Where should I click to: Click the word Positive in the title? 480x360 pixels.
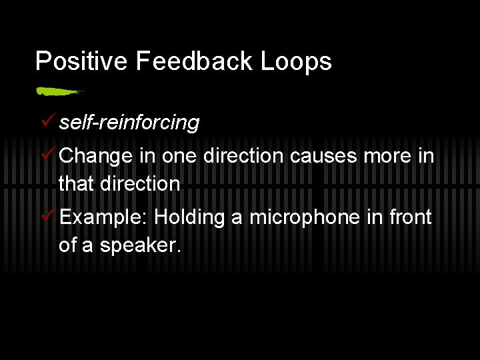(x=81, y=61)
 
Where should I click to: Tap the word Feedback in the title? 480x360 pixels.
(x=195, y=61)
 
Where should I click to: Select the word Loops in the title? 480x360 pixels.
(x=297, y=61)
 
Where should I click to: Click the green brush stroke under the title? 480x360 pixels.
(x=59, y=91)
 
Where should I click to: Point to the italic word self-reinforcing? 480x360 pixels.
(x=129, y=123)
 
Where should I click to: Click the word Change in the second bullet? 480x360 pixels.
(x=96, y=157)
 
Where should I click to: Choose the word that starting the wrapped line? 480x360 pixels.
(x=77, y=183)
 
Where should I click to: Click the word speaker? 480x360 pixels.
(x=140, y=245)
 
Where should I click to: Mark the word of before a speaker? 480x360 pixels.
(x=67, y=245)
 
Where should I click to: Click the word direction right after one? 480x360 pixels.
(x=243, y=157)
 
